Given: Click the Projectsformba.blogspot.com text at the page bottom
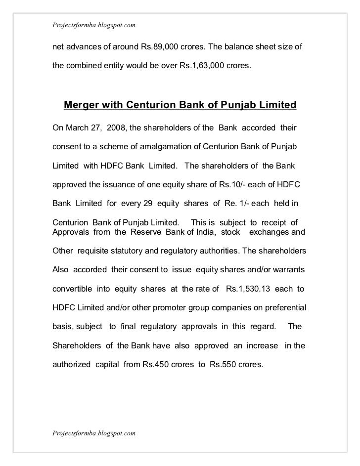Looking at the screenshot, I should [x=94, y=433].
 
